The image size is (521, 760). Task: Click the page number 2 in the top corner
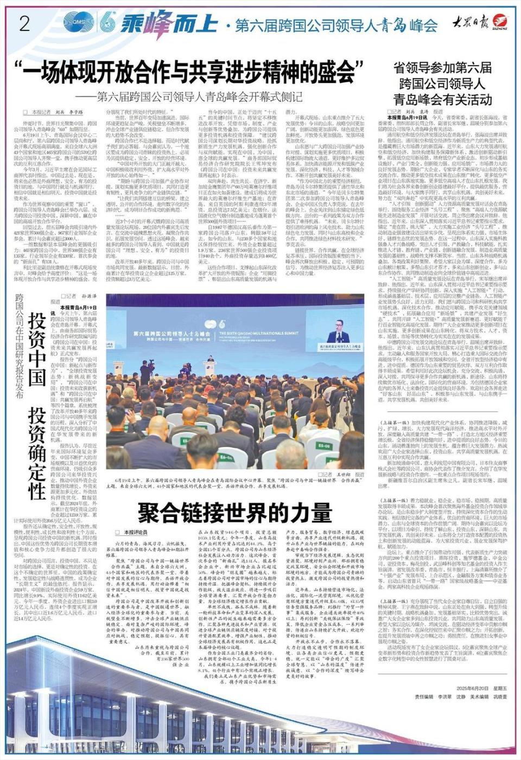[23, 24]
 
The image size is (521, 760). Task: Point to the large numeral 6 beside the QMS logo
[107, 23]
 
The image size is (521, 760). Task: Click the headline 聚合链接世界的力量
[234, 512]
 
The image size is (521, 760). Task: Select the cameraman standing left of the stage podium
[145, 372]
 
